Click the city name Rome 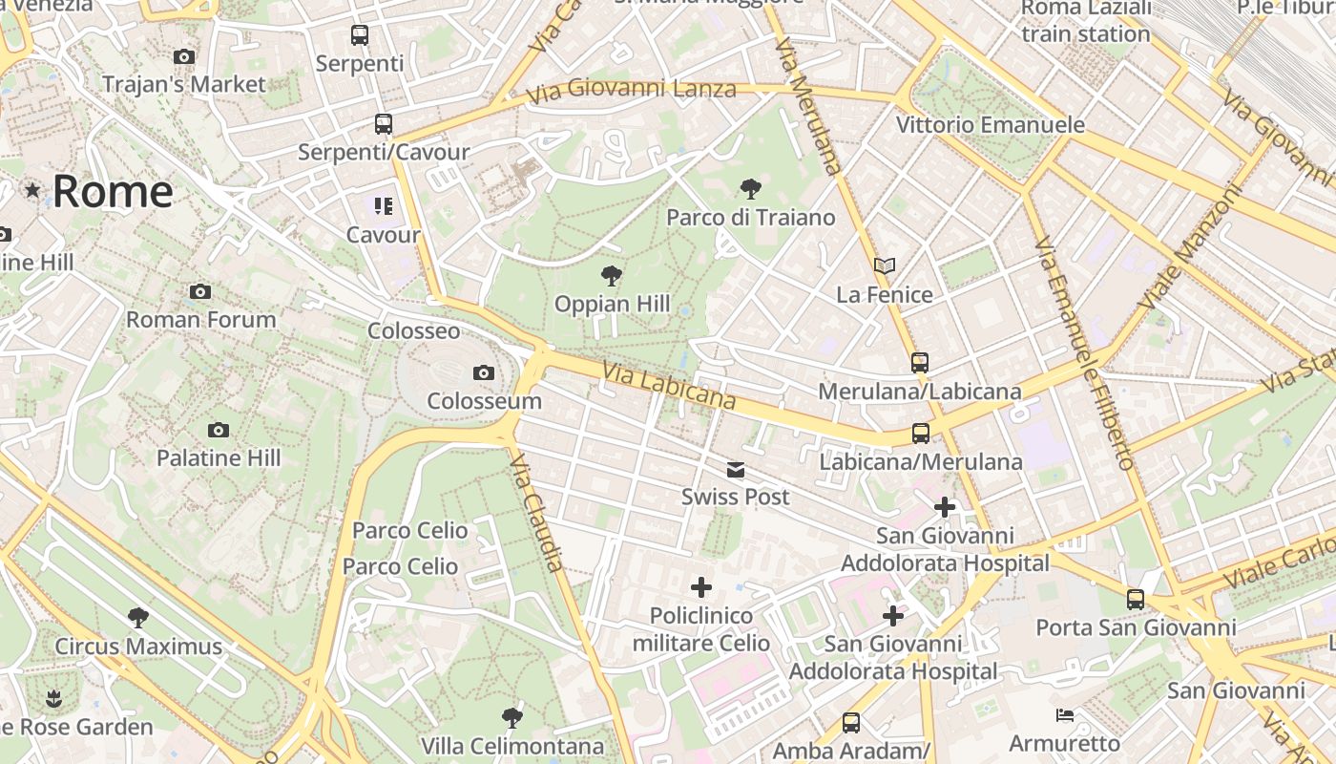[x=113, y=191]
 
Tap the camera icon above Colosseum [x=484, y=372]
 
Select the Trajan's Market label [x=184, y=84]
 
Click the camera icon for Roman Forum [x=200, y=291]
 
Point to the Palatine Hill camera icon [x=219, y=430]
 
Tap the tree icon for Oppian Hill [x=612, y=276]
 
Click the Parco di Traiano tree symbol [x=750, y=188]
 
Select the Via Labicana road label [x=668, y=384]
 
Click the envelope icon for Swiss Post [x=736, y=469]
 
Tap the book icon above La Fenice [x=885, y=265]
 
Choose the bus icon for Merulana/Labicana [x=920, y=363]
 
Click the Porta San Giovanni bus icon [x=1136, y=600]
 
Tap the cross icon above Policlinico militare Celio [x=701, y=586]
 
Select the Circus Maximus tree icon [x=138, y=618]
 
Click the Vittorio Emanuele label [x=990, y=125]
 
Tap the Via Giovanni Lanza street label [x=631, y=90]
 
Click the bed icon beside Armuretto [x=1065, y=715]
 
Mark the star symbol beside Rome [x=33, y=190]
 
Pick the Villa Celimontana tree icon [x=512, y=717]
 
